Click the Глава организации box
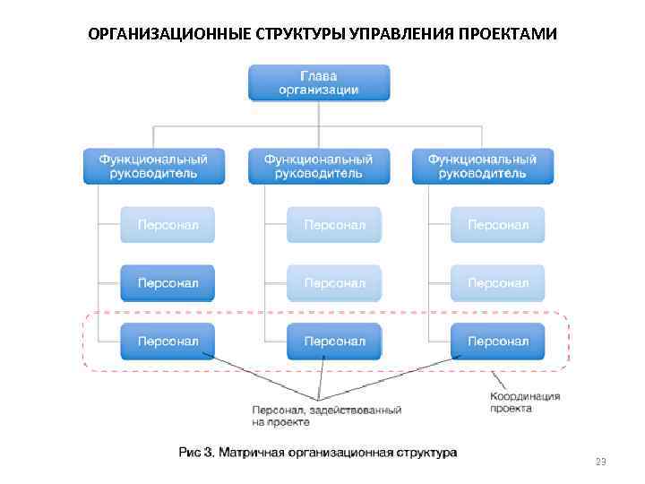(x=319, y=82)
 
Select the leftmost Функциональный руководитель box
(x=153, y=166)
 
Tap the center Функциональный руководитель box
(x=319, y=166)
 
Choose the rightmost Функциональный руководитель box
(x=483, y=166)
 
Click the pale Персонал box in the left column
(x=168, y=224)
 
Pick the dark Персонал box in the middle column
(x=333, y=341)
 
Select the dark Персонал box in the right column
(x=497, y=341)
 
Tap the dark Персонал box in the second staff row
(x=168, y=282)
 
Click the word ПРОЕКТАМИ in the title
(x=507, y=35)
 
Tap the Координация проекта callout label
(x=524, y=402)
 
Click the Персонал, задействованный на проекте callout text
(x=326, y=415)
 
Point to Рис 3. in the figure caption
(x=195, y=453)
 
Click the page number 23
(x=600, y=462)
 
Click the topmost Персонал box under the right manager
(x=497, y=224)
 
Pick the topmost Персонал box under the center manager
(x=333, y=224)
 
